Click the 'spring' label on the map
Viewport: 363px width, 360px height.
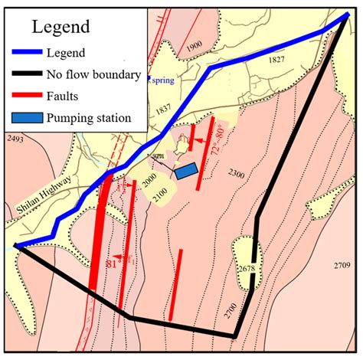pyautogui.click(x=163, y=79)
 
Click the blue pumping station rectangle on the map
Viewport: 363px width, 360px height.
pyautogui.click(x=186, y=172)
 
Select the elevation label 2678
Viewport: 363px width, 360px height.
pyautogui.click(x=246, y=269)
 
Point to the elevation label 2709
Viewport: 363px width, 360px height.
pyautogui.click(x=342, y=265)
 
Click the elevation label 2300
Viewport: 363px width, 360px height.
pyautogui.click(x=236, y=175)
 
